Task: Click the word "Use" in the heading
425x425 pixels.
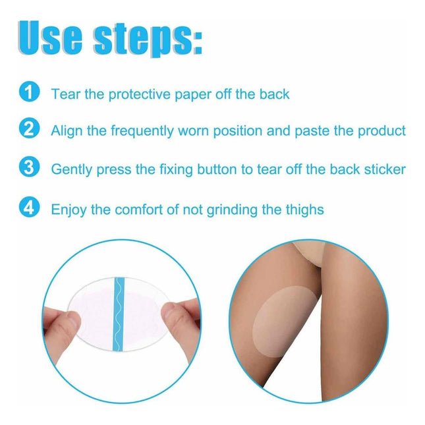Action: coord(51,38)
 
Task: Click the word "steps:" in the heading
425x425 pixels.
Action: coord(148,40)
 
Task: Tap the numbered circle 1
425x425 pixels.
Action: coord(29,92)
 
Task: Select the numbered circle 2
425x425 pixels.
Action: coord(29,128)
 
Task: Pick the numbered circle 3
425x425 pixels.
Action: coord(29,167)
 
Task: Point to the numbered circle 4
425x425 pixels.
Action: coord(29,207)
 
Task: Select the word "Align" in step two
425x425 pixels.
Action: coord(67,131)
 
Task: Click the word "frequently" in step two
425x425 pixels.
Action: coord(142,131)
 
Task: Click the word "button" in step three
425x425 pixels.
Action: coord(217,170)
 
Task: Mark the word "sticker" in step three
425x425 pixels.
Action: coord(385,170)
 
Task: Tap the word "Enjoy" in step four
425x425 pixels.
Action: coord(69,210)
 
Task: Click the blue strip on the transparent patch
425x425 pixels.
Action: coord(119,314)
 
